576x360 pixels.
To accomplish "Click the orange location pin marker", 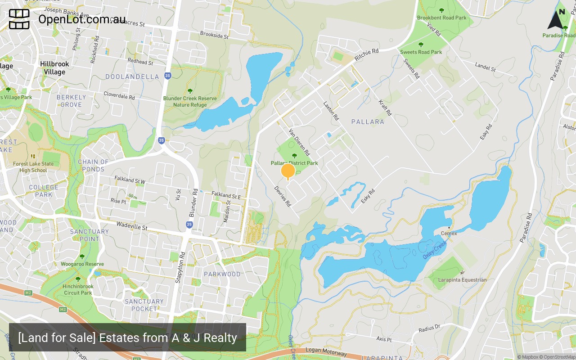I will click(x=288, y=171).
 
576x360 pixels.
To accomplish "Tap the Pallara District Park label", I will click(x=294, y=163).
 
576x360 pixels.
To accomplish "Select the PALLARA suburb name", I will click(x=368, y=121).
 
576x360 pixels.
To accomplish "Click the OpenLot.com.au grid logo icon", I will click(x=19, y=19).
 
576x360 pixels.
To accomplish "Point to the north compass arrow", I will click(x=556, y=18).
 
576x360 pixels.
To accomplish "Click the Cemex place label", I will click(x=449, y=233).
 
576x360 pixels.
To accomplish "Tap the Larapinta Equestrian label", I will click(x=462, y=279).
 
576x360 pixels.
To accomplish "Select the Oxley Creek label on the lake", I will click(x=434, y=249).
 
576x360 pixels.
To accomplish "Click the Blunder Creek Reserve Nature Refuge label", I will click(x=190, y=102).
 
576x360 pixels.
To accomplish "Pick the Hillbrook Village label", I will click(x=54, y=68).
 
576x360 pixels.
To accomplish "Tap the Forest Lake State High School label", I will click(x=33, y=167).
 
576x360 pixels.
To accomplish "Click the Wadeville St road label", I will click(x=132, y=225).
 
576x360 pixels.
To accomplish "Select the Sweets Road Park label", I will click(x=421, y=52).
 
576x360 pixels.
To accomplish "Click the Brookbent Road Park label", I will click(x=442, y=18).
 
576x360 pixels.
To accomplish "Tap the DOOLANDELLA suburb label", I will click(x=132, y=76).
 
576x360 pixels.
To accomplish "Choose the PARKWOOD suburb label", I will click(x=222, y=274).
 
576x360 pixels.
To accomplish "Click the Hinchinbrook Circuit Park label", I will click(x=78, y=289).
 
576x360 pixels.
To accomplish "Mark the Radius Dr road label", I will click(x=429, y=328).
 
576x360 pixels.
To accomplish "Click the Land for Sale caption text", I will click(x=127, y=337).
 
